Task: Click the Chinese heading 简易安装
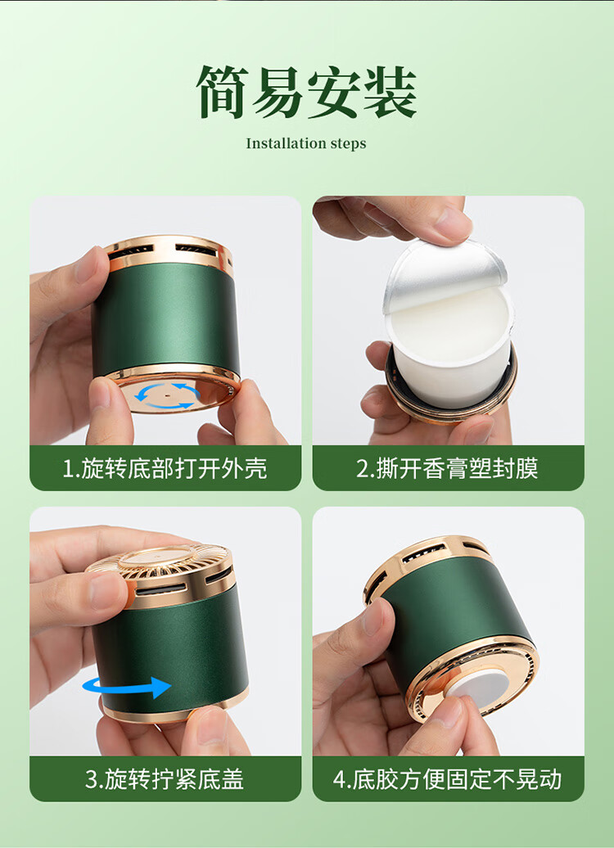pyautogui.click(x=306, y=92)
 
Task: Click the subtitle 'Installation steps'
pyautogui.click(x=306, y=143)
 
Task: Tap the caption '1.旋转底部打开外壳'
pyautogui.click(x=165, y=468)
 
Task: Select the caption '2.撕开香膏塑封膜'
pyautogui.click(x=447, y=468)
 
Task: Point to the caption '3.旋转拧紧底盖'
pyautogui.click(x=165, y=779)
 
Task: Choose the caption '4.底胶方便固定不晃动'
pyautogui.click(x=447, y=779)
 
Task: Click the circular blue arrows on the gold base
pyautogui.click(x=167, y=395)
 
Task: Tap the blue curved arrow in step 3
pyautogui.click(x=127, y=687)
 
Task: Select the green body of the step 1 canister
pyautogui.click(x=166, y=319)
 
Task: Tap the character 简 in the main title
pyautogui.click(x=223, y=92)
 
